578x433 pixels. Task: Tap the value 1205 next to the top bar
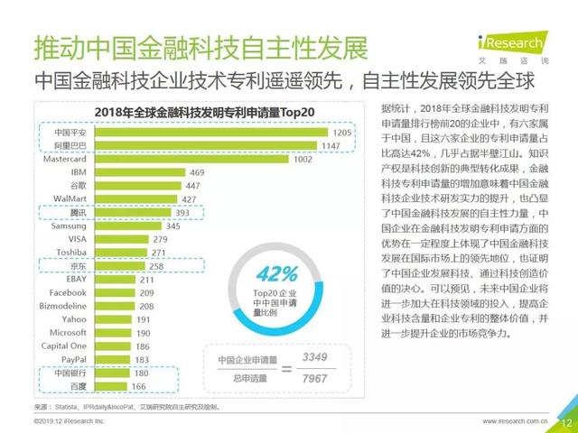point(340,133)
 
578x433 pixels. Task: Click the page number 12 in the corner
point(566,421)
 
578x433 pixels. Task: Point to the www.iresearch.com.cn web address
point(516,421)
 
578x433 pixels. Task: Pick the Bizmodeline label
point(62,306)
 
